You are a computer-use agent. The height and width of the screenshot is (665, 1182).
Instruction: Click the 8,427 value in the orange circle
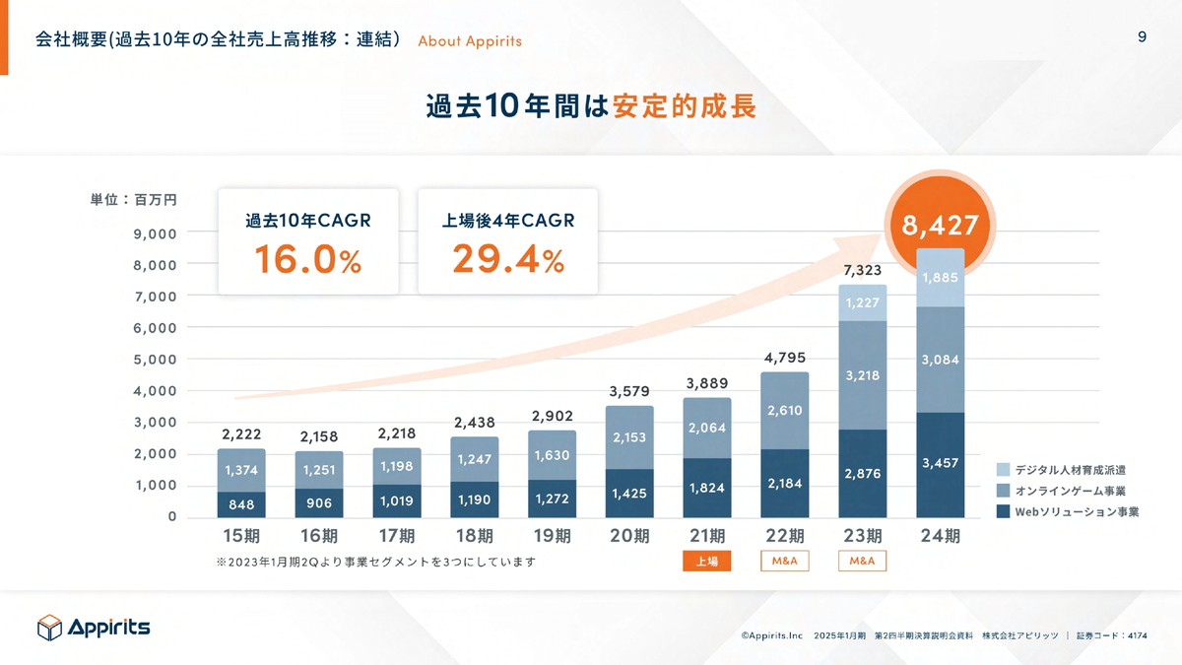click(x=940, y=226)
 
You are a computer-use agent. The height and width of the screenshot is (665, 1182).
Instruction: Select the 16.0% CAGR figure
click(x=307, y=259)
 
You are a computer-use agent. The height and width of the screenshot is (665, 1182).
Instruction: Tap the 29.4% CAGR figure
click(x=507, y=259)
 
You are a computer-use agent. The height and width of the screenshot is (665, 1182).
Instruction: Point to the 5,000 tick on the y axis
click(x=156, y=360)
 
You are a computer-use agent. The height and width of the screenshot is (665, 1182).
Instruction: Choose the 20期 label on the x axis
click(x=629, y=537)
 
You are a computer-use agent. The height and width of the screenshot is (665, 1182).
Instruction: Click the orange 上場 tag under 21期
click(x=706, y=562)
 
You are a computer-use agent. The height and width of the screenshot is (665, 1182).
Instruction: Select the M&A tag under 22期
click(x=784, y=562)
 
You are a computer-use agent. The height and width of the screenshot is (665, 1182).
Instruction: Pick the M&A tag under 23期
click(x=862, y=562)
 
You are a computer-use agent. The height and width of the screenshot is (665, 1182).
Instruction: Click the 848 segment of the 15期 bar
click(x=240, y=504)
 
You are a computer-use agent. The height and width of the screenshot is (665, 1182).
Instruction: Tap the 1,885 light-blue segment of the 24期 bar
click(x=940, y=278)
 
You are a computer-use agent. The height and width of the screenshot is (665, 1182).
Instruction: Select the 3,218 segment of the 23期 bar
click(x=862, y=375)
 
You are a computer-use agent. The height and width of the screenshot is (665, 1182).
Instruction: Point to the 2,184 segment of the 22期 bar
click(x=784, y=484)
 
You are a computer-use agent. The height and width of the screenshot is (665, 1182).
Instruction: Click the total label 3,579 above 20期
click(x=628, y=391)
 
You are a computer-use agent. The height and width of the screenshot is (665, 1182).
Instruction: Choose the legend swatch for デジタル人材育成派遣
click(x=1003, y=470)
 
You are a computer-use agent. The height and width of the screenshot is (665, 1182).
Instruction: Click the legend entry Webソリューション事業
click(x=1077, y=511)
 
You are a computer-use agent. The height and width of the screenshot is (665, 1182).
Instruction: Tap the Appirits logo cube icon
click(x=49, y=628)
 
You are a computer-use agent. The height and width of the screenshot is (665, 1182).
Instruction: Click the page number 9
click(x=1142, y=37)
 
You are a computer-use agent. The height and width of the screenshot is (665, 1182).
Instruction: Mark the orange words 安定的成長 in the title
click(x=684, y=106)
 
